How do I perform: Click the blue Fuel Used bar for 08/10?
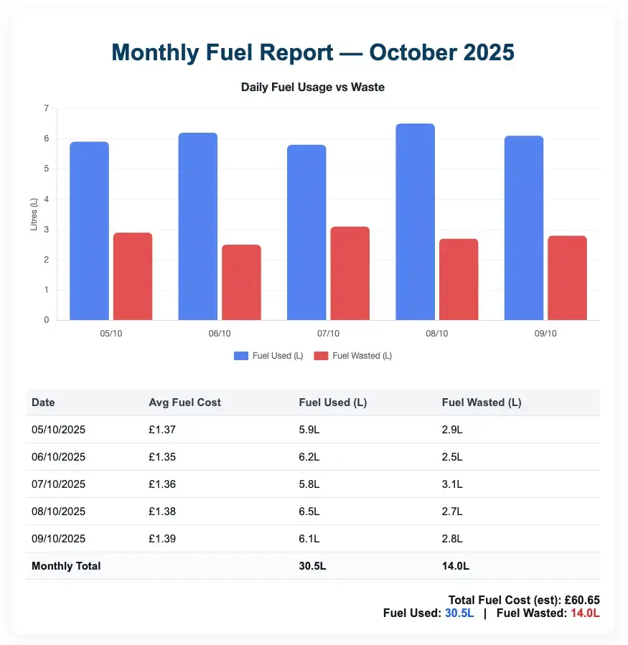click(415, 222)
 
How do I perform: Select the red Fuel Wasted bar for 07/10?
click(350, 273)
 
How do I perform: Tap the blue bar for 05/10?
click(89, 231)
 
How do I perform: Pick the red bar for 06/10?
click(241, 282)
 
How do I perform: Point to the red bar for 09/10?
click(567, 278)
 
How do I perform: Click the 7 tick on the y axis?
click(46, 108)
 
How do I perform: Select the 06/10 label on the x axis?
click(220, 334)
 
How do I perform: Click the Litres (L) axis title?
click(34, 215)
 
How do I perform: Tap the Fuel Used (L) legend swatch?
click(241, 356)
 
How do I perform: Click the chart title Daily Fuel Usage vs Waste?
click(313, 88)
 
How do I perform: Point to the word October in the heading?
click(411, 53)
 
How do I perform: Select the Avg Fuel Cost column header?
click(184, 402)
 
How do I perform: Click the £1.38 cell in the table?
click(162, 512)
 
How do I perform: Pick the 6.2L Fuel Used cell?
click(309, 457)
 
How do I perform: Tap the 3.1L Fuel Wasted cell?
click(452, 484)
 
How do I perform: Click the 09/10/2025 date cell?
click(58, 539)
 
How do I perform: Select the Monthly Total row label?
click(66, 566)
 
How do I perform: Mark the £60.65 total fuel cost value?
click(582, 600)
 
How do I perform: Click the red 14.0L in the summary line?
click(585, 613)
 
